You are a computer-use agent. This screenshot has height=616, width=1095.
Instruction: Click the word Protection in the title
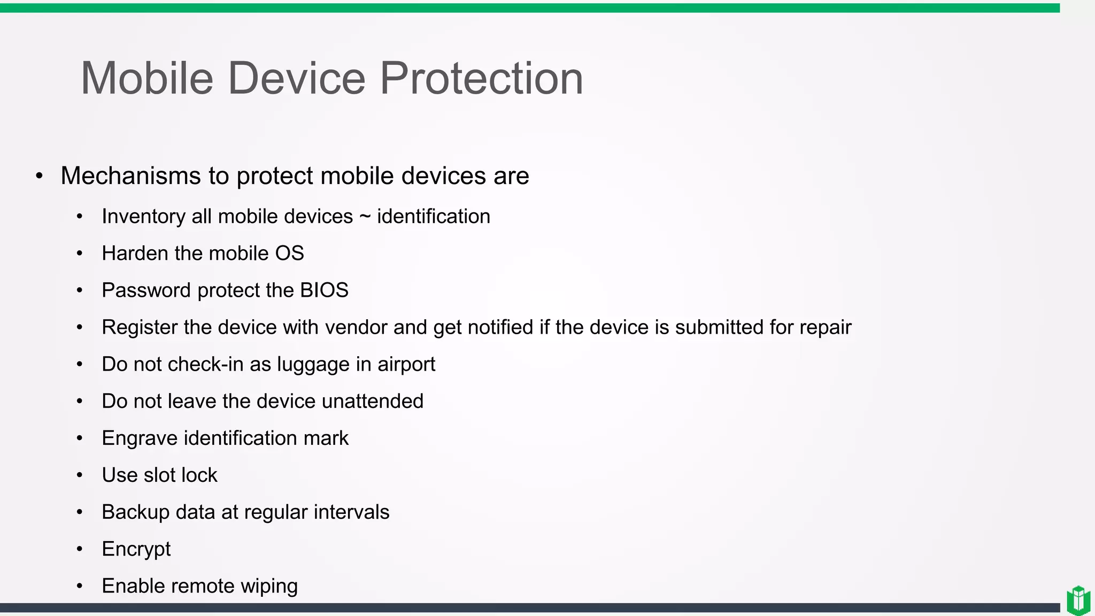tap(481, 79)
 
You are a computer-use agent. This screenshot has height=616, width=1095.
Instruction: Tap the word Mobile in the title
tap(147, 79)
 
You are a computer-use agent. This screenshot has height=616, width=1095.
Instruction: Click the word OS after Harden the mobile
tap(289, 253)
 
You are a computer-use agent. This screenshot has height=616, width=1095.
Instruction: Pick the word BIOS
tap(324, 290)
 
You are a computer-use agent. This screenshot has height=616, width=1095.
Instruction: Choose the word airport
tap(406, 365)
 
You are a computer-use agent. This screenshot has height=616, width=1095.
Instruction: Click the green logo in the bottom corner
tap(1078, 600)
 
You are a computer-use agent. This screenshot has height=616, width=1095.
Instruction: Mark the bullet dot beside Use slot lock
tap(80, 475)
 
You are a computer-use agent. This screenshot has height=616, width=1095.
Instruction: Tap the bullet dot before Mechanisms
tap(39, 176)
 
